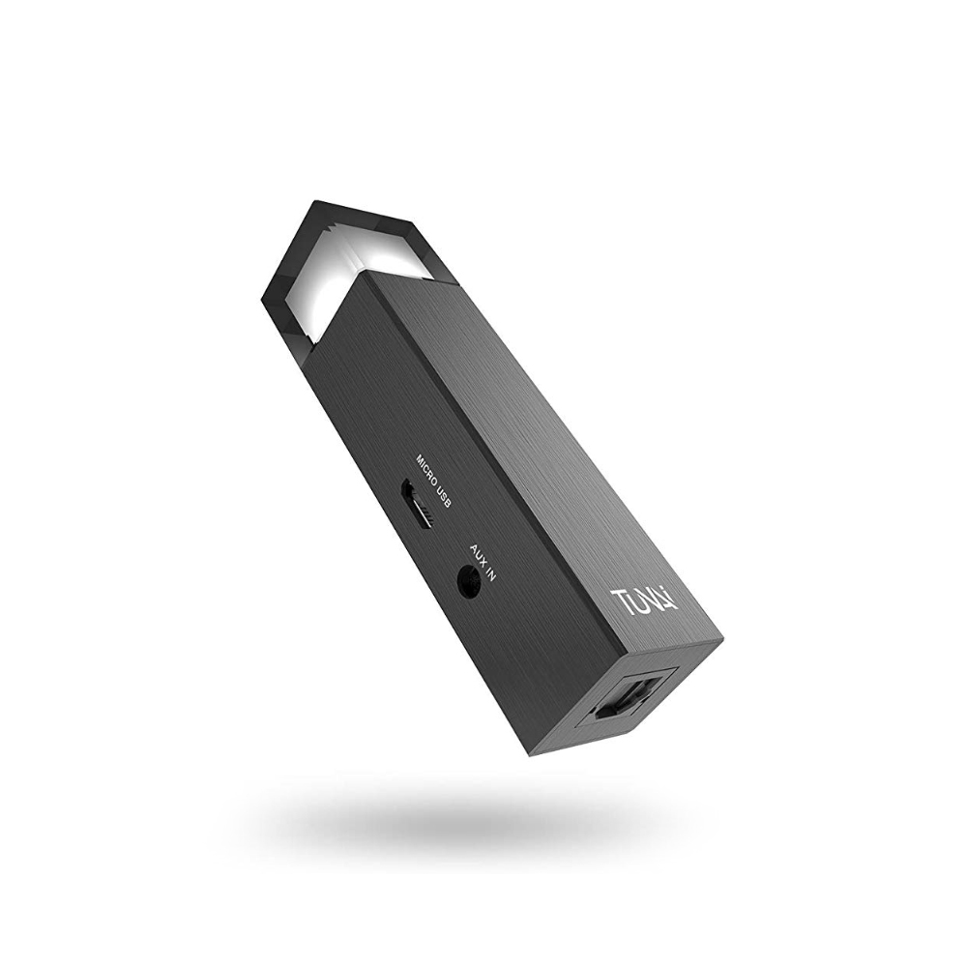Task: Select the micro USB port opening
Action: pyautogui.click(x=417, y=505)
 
